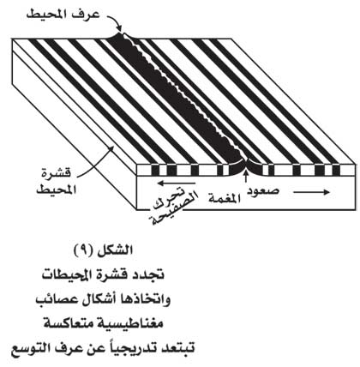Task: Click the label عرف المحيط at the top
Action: [x=63, y=15]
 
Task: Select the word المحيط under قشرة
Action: [x=57, y=190]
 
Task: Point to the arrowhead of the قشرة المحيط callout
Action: [x=111, y=148]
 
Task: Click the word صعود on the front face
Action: [x=263, y=191]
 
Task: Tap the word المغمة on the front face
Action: [x=224, y=197]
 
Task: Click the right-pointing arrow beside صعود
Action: [x=311, y=192]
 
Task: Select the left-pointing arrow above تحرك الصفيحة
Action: [x=177, y=183]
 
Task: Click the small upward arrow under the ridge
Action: [x=245, y=176]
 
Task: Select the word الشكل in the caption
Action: [x=115, y=250]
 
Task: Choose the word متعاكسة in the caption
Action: [x=76, y=324]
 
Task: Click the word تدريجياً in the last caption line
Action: [x=132, y=349]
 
